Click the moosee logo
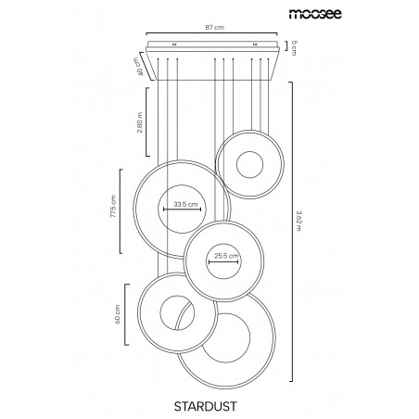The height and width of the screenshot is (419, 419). click(315, 14)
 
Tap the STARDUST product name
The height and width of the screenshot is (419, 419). click(206, 406)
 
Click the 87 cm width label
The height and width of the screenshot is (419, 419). click(215, 27)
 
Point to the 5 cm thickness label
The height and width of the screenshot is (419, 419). click(294, 47)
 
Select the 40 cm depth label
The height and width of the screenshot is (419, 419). click(139, 67)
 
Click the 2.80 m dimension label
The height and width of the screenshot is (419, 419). click(140, 122)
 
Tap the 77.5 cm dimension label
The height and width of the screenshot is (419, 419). click(113, 207)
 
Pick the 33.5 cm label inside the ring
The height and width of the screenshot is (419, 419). click(185, 204)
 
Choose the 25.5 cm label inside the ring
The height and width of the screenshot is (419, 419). click(226, 256)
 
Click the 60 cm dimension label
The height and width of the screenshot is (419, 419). click(118, 314)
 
